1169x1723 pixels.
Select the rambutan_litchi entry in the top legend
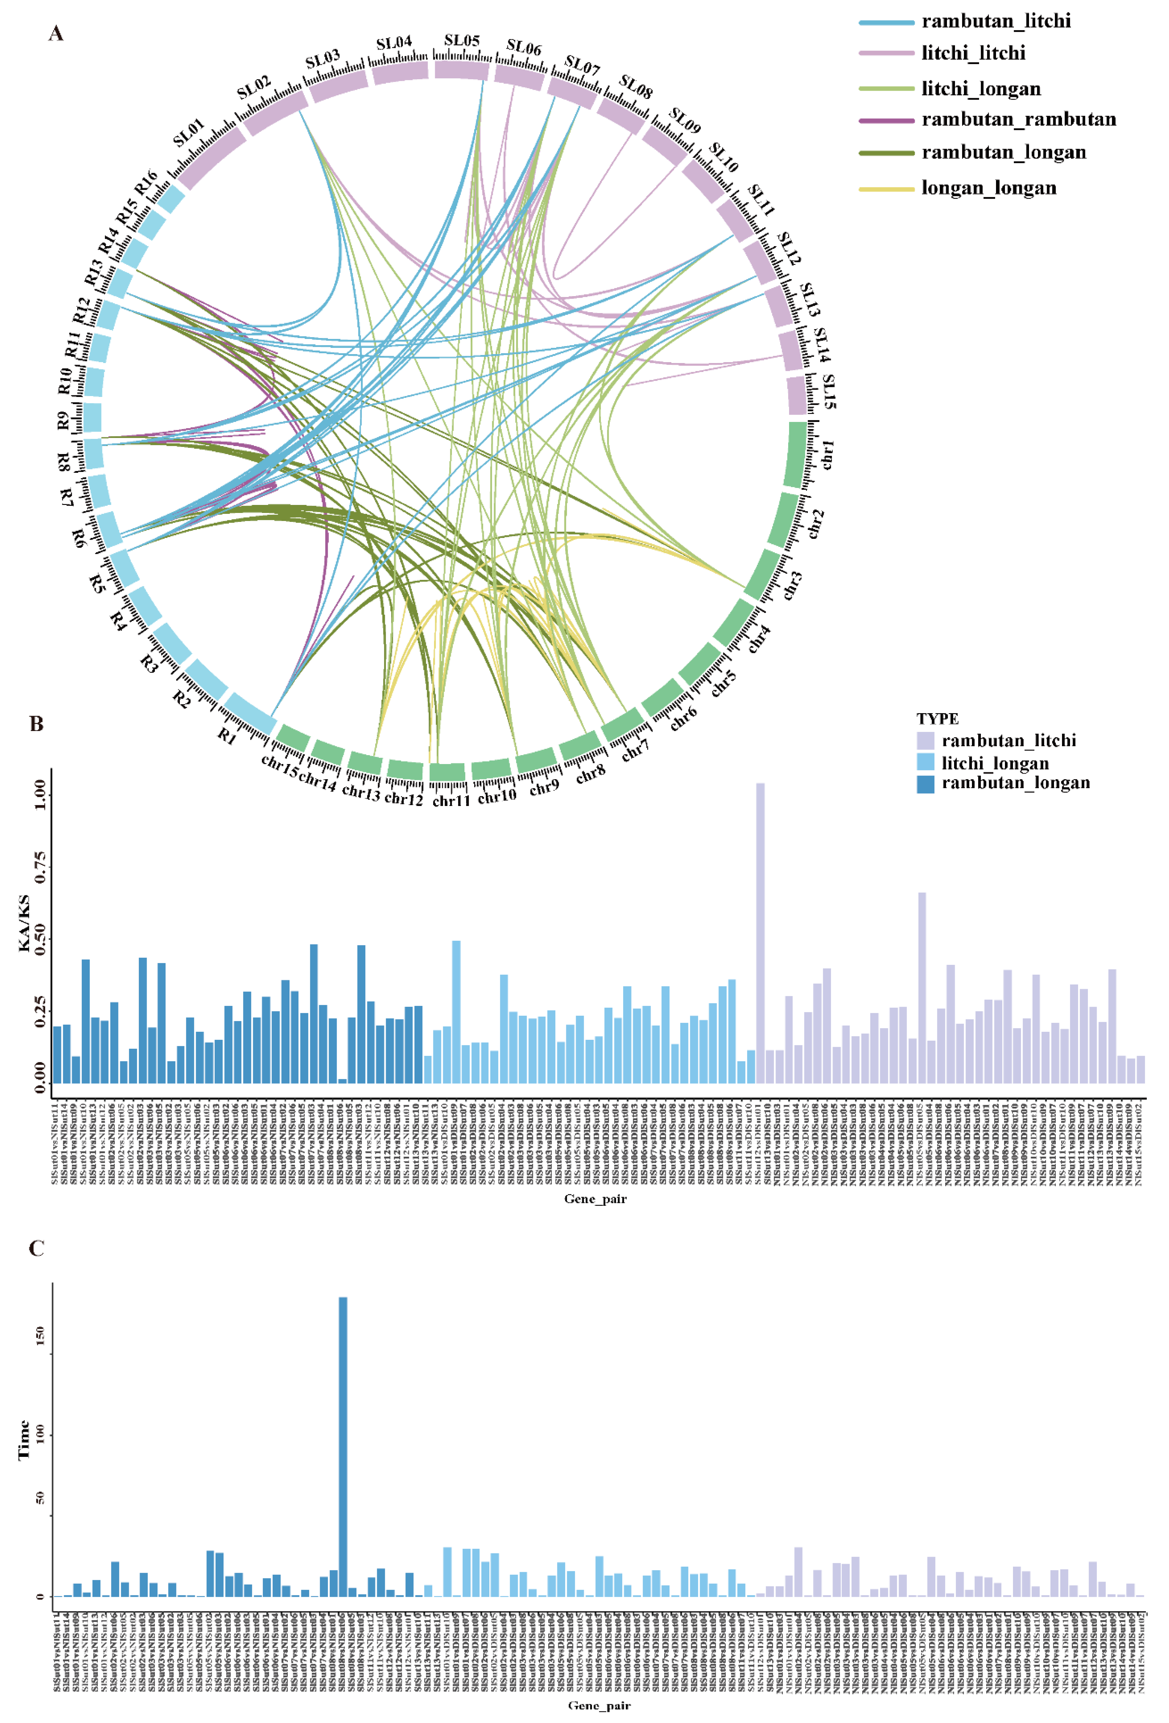click(995, 21)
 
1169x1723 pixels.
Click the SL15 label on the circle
click(830, 392)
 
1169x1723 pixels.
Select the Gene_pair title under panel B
click(595, 1199)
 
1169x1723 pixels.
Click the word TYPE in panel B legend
click(937, 718)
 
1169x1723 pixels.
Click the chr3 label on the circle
click(792, 586)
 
